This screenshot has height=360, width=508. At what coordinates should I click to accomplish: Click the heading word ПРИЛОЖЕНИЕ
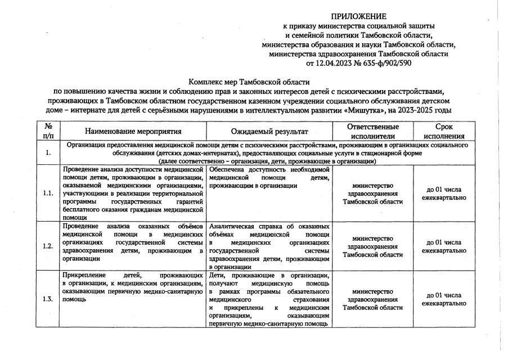[359, 16]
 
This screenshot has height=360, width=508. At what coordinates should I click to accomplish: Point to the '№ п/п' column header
[48, 131]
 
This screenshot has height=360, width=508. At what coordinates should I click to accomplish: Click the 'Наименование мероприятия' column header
[133, 131]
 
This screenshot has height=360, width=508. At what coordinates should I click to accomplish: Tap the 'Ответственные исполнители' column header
[372, 131]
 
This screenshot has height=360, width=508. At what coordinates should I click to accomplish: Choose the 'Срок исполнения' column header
[444, 131]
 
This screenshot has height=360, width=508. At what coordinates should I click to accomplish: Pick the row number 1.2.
[48, 246]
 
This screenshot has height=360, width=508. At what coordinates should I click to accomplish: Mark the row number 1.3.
[48, 299]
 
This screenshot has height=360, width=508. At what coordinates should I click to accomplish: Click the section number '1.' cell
[48, 152]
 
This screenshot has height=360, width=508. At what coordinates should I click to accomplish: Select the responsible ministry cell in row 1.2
[372, 246]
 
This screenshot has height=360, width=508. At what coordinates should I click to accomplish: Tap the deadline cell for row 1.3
[444, 299]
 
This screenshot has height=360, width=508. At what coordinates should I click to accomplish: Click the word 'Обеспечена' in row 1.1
[226, 169]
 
